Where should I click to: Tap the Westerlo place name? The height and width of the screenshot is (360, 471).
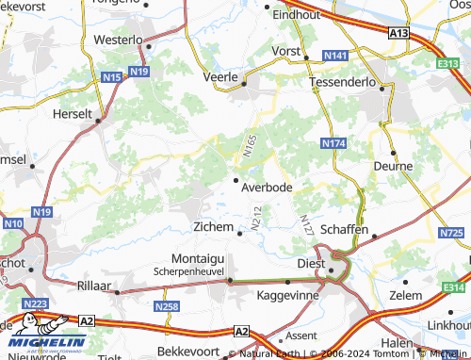pos(118,41)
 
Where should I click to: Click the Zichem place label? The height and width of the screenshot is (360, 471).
pos(212,227)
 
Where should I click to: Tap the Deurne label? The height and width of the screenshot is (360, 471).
pos(394,167)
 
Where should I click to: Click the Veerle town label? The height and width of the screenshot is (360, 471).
pos(223,78)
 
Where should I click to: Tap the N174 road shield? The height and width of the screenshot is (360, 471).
pos(333,143)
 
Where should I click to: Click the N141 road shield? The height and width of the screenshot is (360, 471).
pos(334,57)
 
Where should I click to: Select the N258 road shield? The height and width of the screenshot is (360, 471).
pos(166,307)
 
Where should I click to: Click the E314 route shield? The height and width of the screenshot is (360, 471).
pos(456,287)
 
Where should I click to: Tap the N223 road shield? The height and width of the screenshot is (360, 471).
pos(34,303)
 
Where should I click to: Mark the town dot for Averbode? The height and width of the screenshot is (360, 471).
pos(235,180)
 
